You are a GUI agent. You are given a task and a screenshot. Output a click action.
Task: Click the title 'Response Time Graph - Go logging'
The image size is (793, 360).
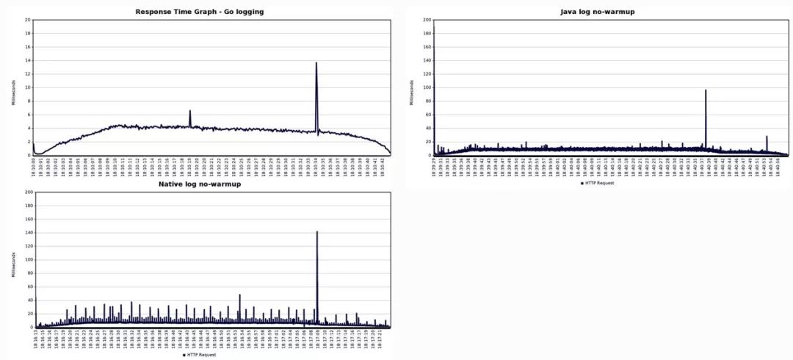pyautogui.click(x=200, y=12)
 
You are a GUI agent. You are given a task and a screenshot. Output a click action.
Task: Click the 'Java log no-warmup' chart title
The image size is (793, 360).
pyautogui.click(x=597, y=12)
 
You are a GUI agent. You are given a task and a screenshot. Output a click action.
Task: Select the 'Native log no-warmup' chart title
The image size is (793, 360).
pyautogui.click(x=200, y=184)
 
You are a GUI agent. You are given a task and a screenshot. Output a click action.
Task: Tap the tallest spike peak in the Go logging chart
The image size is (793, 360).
pyautogui.click(x=316, y=63)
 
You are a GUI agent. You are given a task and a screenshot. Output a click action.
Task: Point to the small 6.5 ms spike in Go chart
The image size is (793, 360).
pyautogui.click(x=189, y=111)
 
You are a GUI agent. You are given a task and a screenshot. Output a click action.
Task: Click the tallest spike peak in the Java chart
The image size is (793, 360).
pyautogui.click(x=706, y=90)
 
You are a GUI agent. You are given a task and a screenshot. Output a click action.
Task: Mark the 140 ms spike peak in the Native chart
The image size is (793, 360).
pyautogui.click(x=316, y=232)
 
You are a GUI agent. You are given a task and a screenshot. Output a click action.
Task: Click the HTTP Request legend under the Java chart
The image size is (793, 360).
pyautogui.click(x=597, y=183)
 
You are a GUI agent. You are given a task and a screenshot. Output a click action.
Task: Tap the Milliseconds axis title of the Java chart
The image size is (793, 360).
pyautogui.click(x=412, y=87)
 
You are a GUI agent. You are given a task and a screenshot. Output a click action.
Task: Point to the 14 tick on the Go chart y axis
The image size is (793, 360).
pyautogui.click(x=27, y=60)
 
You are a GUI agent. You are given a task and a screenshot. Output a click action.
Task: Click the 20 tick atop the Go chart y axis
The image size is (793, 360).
pyautogui.click(x=27, y=20)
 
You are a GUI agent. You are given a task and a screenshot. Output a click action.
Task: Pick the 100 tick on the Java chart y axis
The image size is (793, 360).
pyautogui.click(x=427, y=87)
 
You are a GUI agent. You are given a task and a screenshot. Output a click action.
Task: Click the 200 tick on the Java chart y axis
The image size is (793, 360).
pyautogui.click(x=427, y=20)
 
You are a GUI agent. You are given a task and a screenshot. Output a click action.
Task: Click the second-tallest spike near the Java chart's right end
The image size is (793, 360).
pyautogui.click(x=767, y=137)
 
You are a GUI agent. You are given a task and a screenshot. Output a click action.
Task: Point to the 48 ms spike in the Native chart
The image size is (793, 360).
pyautogui.click(x=239, y=295)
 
